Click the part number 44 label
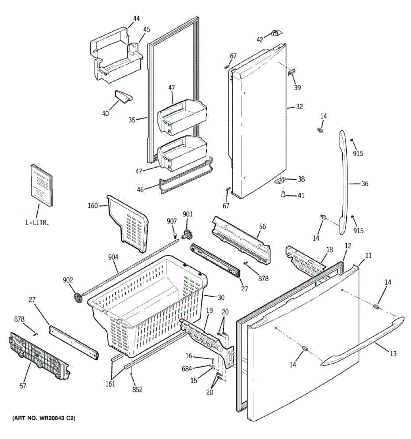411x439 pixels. tap(136, 19)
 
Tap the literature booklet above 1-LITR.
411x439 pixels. tap(42, 186)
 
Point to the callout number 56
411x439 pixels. tap(262, 226)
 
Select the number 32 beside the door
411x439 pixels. tap(299, 107)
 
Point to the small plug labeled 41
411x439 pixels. tap(283, 194)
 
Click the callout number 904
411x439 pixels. tap(113, 257)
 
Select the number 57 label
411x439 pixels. tap(23, 386)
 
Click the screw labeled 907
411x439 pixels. tap(175, 236)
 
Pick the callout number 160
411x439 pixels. tap(93, 206)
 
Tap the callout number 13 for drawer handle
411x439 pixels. tap(393, 354)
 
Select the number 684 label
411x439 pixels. tap(187, 369)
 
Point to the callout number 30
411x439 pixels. tap(221, 297)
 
